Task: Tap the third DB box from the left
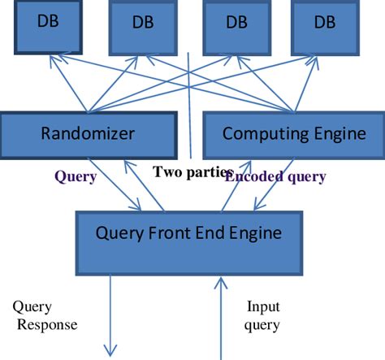[x=236, y=24]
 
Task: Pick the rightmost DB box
[x=326, y=24]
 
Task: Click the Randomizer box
[x=88, y=134]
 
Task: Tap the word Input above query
[x=262, y=308]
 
